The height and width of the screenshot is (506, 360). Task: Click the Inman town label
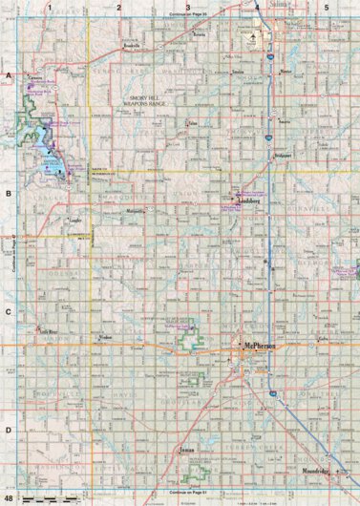click(x=187, y=447)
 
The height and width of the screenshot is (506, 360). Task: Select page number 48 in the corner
click(x=10, y=498)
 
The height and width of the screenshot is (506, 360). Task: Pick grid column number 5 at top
click(x=327, y=7)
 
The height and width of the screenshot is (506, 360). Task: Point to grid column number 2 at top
click(x=119, y=7)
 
